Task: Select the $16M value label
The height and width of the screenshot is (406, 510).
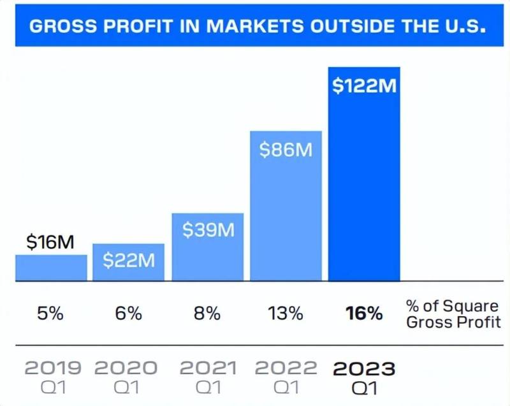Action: [x=50, y=242]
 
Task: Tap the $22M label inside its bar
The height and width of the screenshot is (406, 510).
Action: [x=128, y=259]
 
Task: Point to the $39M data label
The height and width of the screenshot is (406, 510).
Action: [x=208, y=229]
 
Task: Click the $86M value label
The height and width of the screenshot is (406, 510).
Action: [x=286, y=150]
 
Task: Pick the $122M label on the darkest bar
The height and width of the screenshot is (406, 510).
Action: [x=364, y=85]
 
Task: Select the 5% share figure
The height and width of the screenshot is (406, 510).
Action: [x=50, y=314]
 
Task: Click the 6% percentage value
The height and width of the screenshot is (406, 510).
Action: [x=128, y=314]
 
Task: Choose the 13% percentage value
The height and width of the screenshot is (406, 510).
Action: [x=286, y=314]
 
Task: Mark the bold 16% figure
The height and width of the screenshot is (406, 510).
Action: [x=364, y=314]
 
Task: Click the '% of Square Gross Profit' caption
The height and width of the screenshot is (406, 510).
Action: [x=453, y=314]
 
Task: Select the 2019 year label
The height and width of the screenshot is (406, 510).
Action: [x=53, y=368]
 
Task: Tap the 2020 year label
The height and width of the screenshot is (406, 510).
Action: [x=126, y=368]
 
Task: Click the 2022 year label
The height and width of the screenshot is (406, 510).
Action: [x=286, y=368]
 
